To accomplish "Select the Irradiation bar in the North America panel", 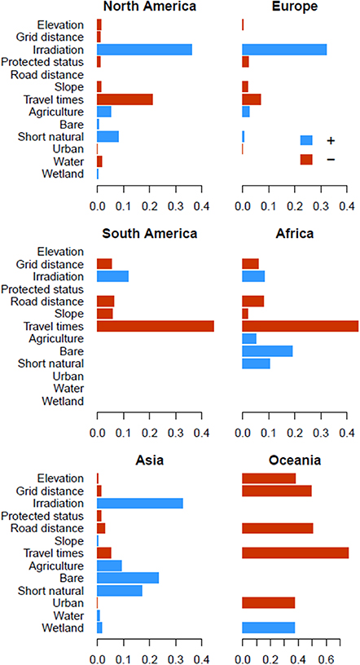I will point(144,50).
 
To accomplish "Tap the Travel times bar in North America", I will point(125,99).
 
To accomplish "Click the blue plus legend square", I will point(306,140).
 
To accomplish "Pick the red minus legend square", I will point(306,160).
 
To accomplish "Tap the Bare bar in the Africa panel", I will point(267,351).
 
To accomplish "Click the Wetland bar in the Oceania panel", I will point(268,628).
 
